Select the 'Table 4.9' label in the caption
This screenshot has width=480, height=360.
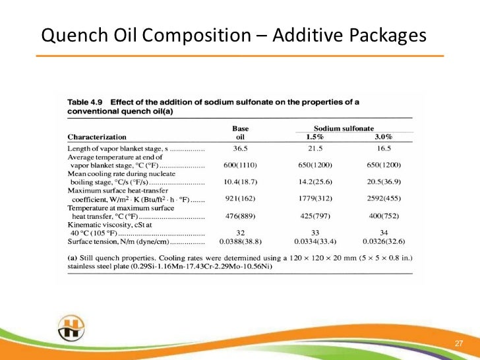pos(86,102)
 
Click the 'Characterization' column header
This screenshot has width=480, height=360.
pos(97,136)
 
